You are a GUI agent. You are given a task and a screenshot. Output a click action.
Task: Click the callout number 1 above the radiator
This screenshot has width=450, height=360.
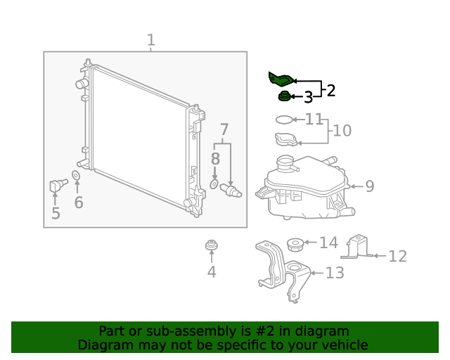tap(150, 41)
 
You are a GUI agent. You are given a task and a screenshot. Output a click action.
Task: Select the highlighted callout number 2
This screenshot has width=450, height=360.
tap(330, 90)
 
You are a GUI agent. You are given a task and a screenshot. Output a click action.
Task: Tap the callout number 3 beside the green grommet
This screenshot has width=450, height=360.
tap(308, 98)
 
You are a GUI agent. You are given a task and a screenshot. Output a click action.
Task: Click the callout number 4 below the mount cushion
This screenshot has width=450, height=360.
tap(211, 271)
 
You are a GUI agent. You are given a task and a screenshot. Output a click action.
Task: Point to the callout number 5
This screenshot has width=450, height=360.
tap(56, 213)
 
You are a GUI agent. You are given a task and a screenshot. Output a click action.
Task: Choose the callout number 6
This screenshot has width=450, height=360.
tap(79, 202)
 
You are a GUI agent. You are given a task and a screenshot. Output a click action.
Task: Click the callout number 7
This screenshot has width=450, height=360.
tap(224, 129)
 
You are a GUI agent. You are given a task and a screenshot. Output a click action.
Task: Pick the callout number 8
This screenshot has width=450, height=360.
tap(216, 159)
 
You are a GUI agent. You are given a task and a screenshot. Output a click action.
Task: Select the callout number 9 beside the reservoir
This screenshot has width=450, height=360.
tap(369, 186)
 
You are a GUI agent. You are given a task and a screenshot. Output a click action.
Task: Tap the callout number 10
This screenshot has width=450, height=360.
tap(342, 131)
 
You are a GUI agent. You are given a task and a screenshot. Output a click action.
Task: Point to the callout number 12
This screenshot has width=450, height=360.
tap(397, 257)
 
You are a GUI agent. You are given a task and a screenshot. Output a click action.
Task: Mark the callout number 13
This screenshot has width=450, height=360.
tap(335, 272)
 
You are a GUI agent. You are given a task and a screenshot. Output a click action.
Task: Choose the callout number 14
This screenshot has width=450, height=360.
tap(328, 243)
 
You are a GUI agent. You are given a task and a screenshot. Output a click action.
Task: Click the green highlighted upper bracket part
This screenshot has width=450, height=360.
tap(281, 79)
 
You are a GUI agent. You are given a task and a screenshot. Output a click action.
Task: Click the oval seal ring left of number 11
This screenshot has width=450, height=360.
tap(283, 120)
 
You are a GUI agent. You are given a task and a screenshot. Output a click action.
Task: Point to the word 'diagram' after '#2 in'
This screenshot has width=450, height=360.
tap(323, 331)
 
